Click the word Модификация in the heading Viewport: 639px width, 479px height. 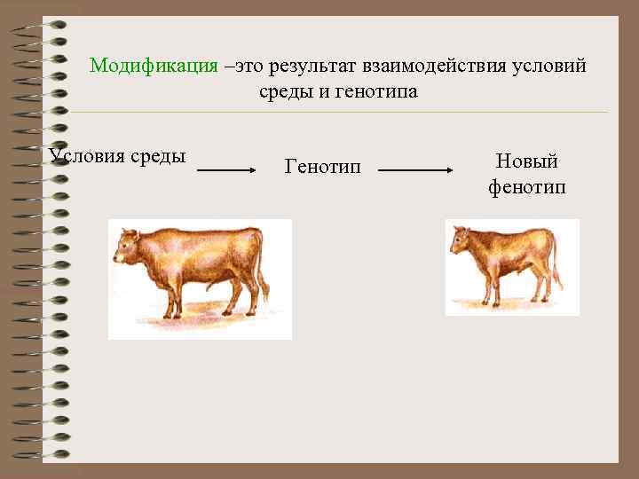pos(154,67)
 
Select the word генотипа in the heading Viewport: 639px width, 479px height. pos(376,91)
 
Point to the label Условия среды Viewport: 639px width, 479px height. pos(118,157)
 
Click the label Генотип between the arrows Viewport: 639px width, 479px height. pos(323,166)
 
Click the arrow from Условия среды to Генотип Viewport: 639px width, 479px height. pos(233,169)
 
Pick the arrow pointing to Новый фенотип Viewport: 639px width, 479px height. pos(422,169)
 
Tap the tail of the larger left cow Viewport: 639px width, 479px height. pos(263,266)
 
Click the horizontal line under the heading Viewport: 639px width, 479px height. pos(337,113)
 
